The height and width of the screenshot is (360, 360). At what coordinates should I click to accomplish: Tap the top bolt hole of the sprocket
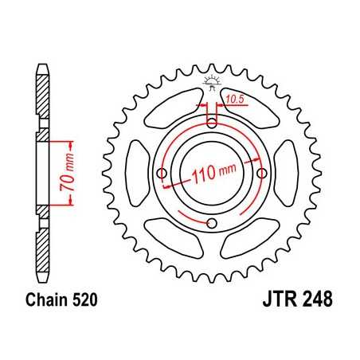tap(212, 122)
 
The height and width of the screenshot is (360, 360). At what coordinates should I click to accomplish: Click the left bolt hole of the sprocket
tap(162, 172)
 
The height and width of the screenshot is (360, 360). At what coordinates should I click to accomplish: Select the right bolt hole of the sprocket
tap(262, 172)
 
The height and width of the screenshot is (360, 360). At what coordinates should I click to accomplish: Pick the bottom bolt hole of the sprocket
tap(212, 222)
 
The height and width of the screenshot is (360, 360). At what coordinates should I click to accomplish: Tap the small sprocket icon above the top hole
tap(212, 80)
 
